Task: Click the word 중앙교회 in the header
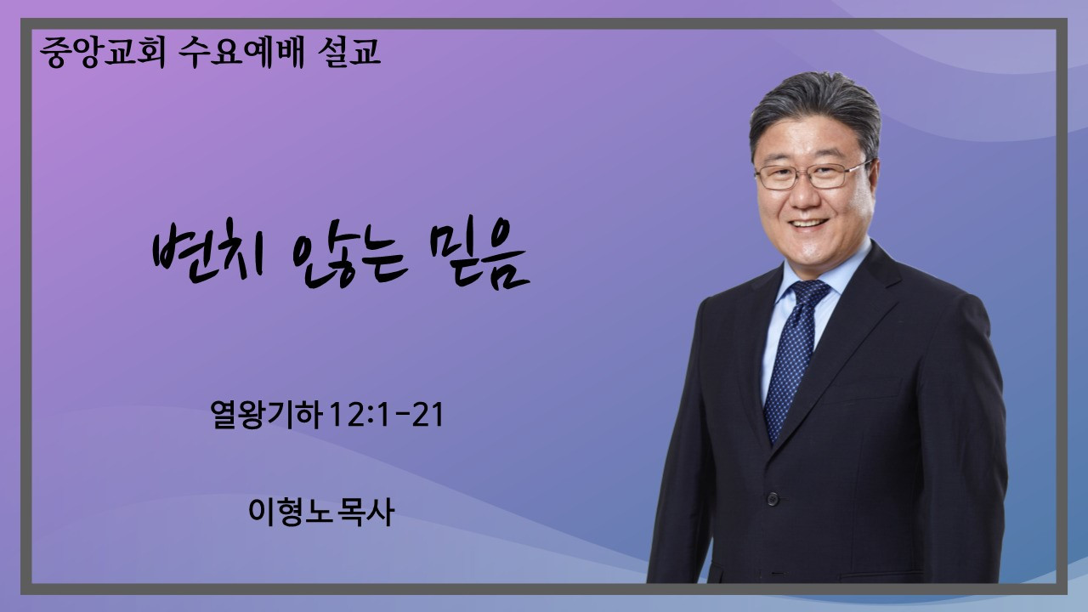[x=103, y=52]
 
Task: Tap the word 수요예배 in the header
[x=241, y=52]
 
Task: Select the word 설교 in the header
[x=348, y=52]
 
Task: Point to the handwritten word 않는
[x=349, y=261]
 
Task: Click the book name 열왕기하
[x=266, y=414]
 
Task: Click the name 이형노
[x=287, y=512]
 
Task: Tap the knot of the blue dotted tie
[x=809, y=293]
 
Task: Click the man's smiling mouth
[x=808, y=224]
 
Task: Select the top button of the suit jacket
[x=773, y=498]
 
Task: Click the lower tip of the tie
[x=774, y=443]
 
